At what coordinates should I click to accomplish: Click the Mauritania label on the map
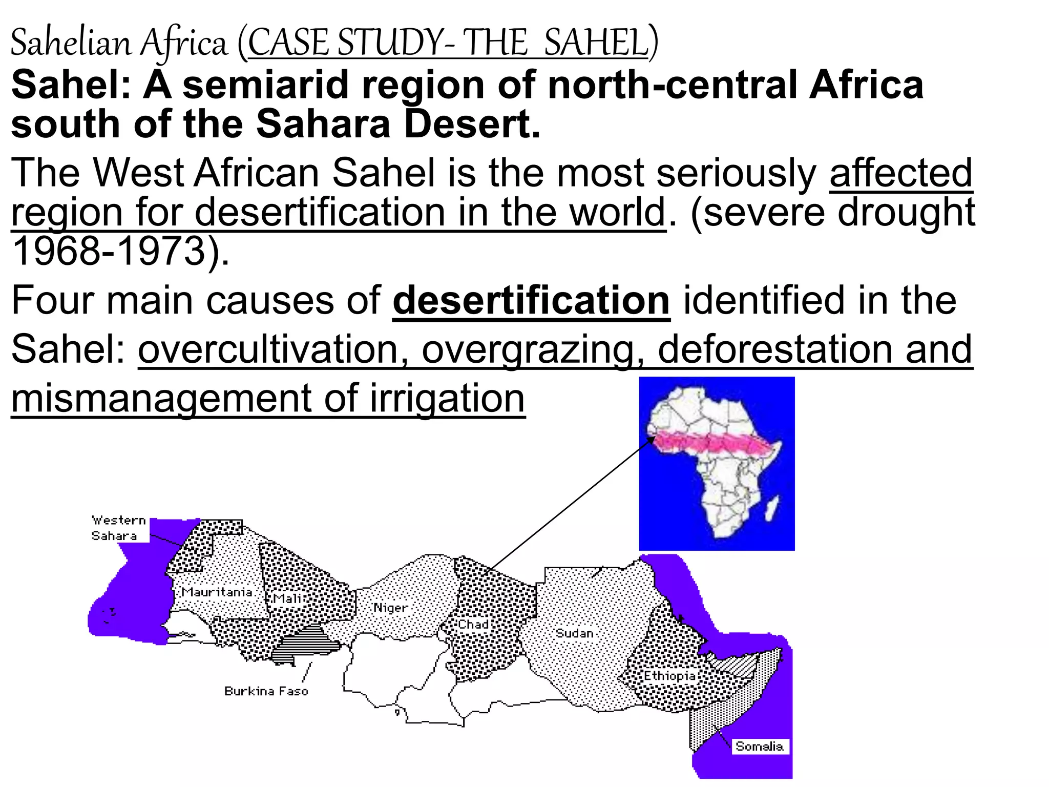[217, 592]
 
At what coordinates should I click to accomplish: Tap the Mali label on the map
[287, 599]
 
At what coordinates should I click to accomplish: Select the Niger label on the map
[390, 608]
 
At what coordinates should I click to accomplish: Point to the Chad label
[473, 625]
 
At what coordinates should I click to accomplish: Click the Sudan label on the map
[574, 633]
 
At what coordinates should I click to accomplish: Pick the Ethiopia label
[669, 676]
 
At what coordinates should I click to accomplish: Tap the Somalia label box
[759, 747]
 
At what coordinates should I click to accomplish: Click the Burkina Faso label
[266, 691]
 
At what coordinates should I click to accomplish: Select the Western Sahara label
[118, 528]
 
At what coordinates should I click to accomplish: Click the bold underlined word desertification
[531, 301]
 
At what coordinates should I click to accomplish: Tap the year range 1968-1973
[109, 252]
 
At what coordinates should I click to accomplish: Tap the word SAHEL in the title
[596, 43]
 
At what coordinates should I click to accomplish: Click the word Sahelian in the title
[71, 43]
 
